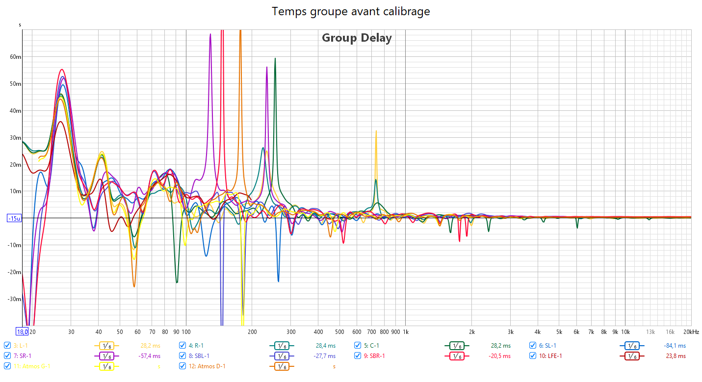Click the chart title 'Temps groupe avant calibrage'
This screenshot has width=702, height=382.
tap(351, 11)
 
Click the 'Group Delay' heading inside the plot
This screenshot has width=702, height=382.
tap(357, 38)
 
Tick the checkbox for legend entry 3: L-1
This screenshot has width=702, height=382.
tap(7, 345)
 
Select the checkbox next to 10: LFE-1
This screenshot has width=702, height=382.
tap(533, 356)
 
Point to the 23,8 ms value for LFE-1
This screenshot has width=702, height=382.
tap(676, 356)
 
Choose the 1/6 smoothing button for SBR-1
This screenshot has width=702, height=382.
tap(457, 356)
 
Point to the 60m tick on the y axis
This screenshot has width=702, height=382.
tap(16, 57)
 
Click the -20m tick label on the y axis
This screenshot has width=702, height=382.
tap(15, 272)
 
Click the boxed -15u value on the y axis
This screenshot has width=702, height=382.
tap(14, 218)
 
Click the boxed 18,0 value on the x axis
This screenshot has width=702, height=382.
tap(22, 332)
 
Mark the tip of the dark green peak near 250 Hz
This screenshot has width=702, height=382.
tap(275, 58)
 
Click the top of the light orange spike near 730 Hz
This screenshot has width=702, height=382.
tap(376, 130)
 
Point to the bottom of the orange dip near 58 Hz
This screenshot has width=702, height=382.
tap(134, 286)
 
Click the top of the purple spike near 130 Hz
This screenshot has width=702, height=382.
tap(210, 34)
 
